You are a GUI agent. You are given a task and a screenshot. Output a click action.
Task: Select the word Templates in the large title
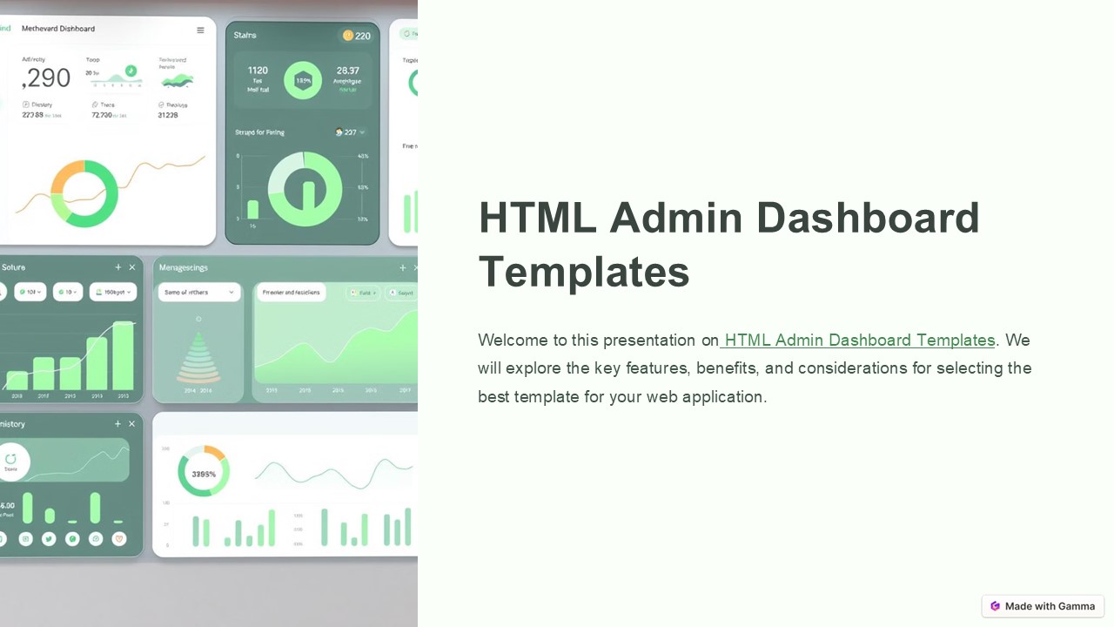tap(584, 272)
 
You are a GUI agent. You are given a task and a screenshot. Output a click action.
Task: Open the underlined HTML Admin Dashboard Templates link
tap(858, 340)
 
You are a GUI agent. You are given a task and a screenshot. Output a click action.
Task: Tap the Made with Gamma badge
tap(1043, 606)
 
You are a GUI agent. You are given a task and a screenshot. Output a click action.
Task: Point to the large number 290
tap(47, 78)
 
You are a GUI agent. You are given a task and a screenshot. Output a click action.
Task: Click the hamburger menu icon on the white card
tap(200, 30)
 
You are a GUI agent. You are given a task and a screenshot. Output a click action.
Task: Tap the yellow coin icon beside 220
tap(348, 36)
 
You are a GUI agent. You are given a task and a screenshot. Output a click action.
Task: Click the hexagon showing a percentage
tap(303, 80)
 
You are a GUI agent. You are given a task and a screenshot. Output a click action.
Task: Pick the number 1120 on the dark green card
tap(258, 71)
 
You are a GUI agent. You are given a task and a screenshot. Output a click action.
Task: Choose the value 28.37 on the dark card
tap(347, 71)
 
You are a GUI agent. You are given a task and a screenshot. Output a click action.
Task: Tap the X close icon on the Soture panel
tap(132, 267)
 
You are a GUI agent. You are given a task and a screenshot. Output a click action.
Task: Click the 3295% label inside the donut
tap(204, 475)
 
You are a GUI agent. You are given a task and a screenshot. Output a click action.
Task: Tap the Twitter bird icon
tap(49, 539)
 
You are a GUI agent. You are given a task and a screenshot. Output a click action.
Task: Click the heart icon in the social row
tap(119, 539)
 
